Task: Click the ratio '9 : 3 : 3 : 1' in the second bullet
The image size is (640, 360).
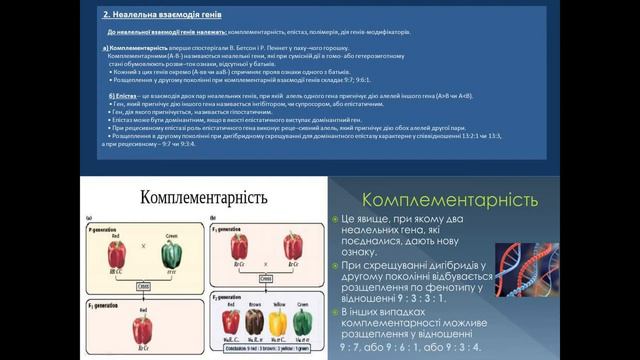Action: coord(429,300)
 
